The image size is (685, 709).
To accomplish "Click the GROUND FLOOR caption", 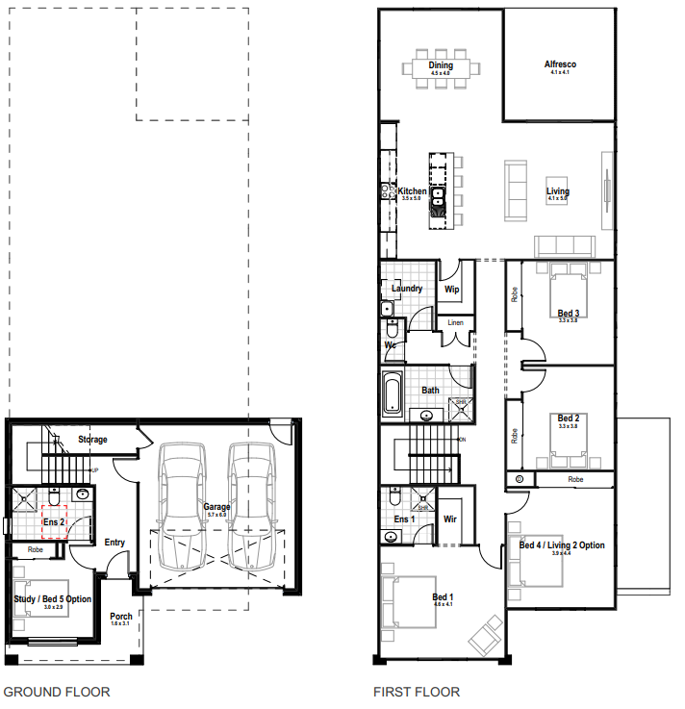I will pyautogui.click(x=57, y=692).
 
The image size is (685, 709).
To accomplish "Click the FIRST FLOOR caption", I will pyautogui.click(x=416, y=692).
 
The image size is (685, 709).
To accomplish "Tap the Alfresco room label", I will pyautogui.click(x=560, y=65).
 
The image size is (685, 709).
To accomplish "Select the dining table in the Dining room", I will pyautogui.click(x=445, y=69).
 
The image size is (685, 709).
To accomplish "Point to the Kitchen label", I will pyautogui.click(x=412, y=191).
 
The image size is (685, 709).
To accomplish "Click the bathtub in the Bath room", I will pyautogui.click(x=392, y=393).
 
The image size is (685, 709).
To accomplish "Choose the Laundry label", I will pyautogui.click(x=407, y=288).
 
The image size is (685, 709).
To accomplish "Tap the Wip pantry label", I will pyautogui.click(x=450, y=289).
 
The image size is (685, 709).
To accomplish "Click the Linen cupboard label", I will pyautogui.click(x=456, y=322).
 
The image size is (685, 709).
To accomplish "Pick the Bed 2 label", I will pyautogui.click(x=568, y=418).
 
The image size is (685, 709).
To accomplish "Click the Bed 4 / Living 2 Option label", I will pyautogui.click(x=562, y=545).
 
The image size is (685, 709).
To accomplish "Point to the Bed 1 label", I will pyautogui.click(x=443, y=597).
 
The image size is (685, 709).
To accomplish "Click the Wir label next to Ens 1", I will pyautogui.click(x=449, y=519).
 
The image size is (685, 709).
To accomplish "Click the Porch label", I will pyautogui.click(x=121, y=617).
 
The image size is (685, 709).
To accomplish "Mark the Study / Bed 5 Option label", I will pyautogui.click(x=53, y=599).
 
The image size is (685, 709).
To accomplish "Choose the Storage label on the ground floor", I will pyautogui.click(x=93, y=440).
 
